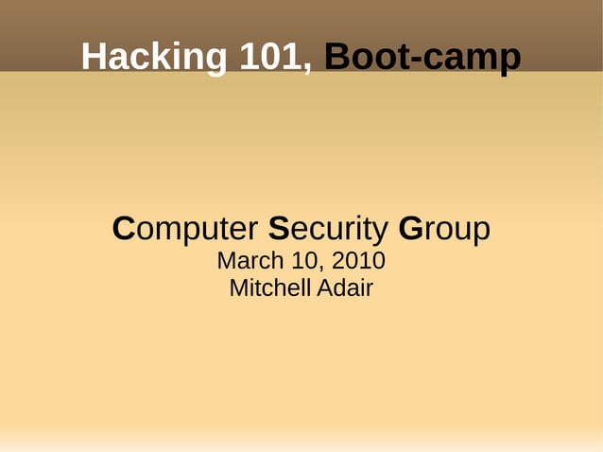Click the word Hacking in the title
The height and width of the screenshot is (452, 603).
tap(154, 58)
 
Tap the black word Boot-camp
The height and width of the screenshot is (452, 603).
tap(422, 58)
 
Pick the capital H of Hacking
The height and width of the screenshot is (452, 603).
tap(95, 58)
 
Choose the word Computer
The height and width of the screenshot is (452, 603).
tap(185, 229)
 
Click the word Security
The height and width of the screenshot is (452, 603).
tap(328, 229)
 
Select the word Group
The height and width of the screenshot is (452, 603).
tap(444, 229)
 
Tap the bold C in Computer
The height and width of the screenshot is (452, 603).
tap(123, 229)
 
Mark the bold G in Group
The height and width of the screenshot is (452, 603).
tap(410, 229)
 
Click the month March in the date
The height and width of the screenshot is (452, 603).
tap(247, 260)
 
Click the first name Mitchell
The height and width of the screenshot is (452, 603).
tap(268, 288)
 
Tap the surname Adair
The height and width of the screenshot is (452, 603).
tap(346, 288)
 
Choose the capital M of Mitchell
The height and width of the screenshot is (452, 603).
tap(238, 288)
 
